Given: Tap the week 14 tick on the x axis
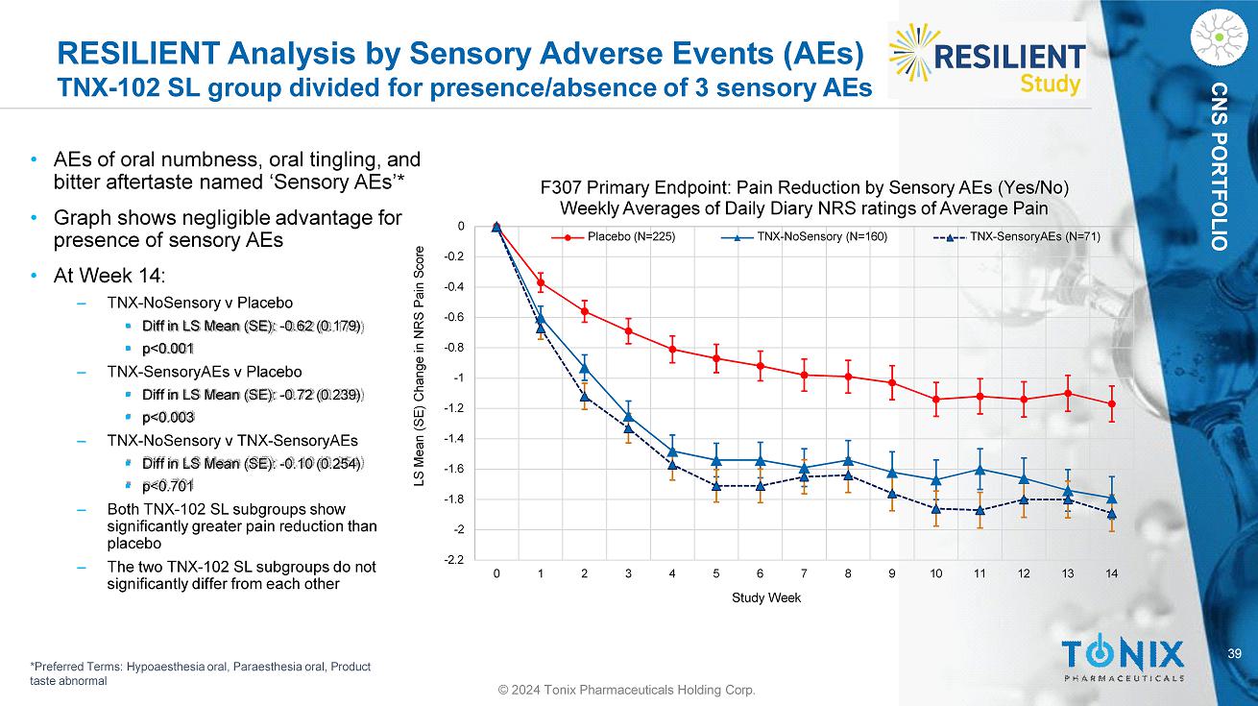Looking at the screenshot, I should coord(1112,574).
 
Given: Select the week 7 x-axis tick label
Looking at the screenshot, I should coord(804,574).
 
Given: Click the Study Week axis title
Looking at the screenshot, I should coord(765,598).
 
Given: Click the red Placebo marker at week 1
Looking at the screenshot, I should coord(541,282).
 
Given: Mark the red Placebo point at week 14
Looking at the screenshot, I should coord(1112,404).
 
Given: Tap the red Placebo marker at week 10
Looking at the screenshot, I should coord(936,400).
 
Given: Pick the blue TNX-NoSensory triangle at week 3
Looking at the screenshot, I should coord(628,416).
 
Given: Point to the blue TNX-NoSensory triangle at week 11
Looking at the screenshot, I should coord(980,469).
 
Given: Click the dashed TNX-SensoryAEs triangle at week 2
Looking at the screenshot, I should coord(585,397).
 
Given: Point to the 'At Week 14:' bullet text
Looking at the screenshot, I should coord(110,277).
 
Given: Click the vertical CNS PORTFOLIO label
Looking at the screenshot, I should coord(1219,180).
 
